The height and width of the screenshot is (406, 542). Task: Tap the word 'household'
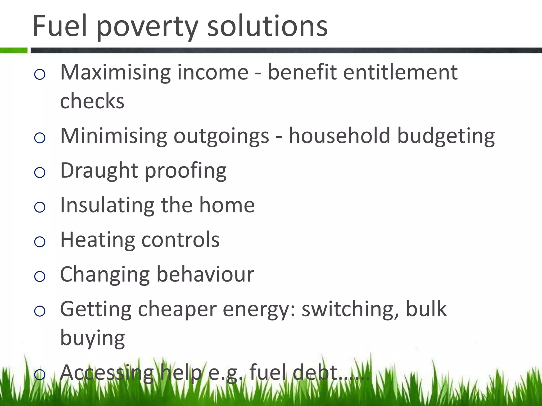(339, 136)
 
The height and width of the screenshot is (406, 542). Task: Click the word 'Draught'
(99, 171)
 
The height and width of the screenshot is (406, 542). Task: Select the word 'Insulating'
(107, 205)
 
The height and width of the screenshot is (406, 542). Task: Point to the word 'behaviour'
(205, 274)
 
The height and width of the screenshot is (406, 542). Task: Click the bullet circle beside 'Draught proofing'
(40, 173)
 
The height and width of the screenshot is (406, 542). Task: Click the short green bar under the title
(14, 50)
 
